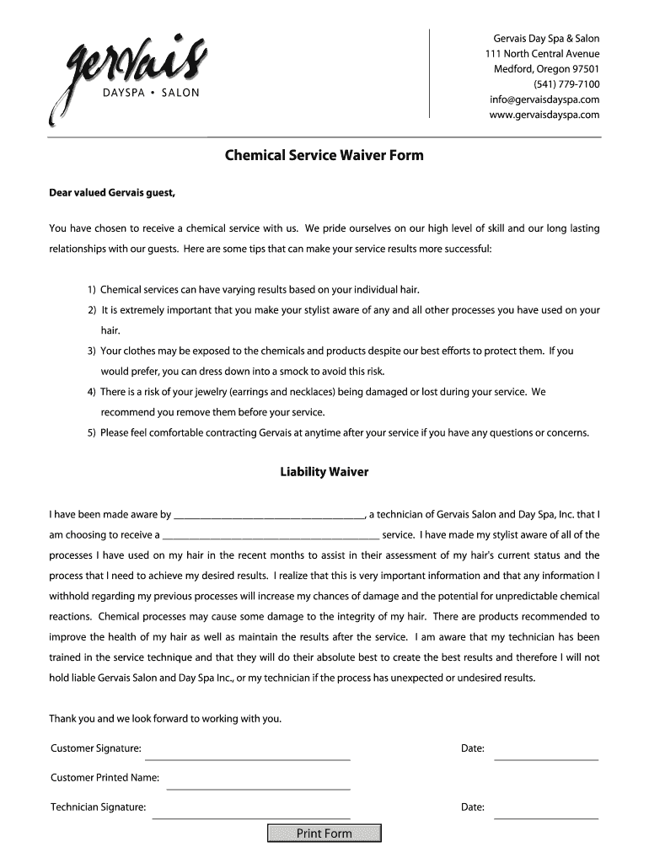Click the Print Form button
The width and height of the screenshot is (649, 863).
324,834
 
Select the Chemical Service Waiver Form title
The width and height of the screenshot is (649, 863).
324,155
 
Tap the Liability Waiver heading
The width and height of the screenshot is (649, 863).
324,472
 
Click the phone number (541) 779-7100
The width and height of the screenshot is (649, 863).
566,84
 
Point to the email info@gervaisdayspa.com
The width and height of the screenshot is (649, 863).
544,99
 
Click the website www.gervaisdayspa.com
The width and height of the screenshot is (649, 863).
544,115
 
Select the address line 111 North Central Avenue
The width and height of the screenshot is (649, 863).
542,54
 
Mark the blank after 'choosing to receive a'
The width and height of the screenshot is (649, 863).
271,536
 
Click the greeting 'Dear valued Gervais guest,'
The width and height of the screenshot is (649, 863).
112,193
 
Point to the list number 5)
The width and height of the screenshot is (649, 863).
91,433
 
